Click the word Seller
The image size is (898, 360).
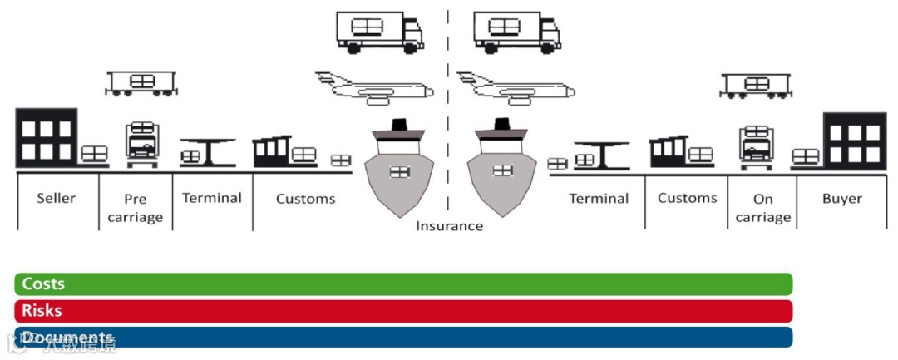coord(56,198)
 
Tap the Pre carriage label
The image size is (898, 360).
coord(136,208)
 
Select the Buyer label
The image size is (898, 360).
coord(842,198)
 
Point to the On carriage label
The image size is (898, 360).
coord(762,208)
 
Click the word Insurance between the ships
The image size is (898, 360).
coord(449,225)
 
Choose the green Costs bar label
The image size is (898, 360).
coord(43,284)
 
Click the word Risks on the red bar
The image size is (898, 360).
coord(42,311)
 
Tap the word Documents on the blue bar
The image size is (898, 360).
coord(67,338)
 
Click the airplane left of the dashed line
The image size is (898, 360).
coord(374,86)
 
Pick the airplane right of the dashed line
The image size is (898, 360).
coord(516,86)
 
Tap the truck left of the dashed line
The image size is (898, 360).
coord(379,32)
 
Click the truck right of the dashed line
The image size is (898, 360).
coord(516,32)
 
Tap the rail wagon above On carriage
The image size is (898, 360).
coord(756,85)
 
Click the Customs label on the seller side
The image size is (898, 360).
coord(305,199)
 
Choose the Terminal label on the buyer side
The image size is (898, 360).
coord(599,199)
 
